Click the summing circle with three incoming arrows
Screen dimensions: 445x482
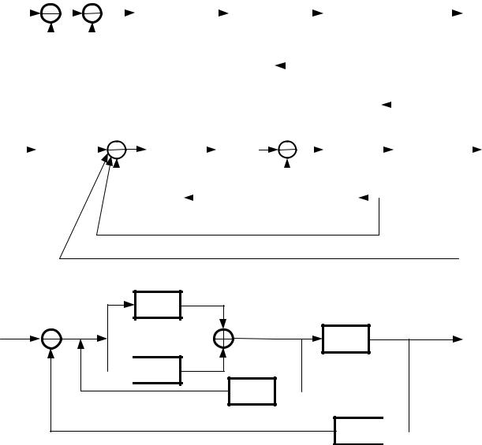116,148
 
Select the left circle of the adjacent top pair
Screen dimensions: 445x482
51,13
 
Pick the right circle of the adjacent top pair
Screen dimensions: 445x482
92,13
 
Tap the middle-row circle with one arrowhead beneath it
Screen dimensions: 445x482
288,148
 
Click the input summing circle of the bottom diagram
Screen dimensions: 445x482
51,339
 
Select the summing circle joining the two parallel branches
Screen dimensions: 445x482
224,339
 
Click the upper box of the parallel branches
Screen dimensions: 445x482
158,304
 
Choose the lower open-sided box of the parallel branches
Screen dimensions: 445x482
158,370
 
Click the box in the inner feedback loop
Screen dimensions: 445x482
252,391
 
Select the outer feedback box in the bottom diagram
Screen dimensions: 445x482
359,430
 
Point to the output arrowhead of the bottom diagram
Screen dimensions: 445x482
458,339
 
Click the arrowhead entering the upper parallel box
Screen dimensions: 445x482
130,304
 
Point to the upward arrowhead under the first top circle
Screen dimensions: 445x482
51,27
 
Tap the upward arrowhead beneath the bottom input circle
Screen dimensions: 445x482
51,353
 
